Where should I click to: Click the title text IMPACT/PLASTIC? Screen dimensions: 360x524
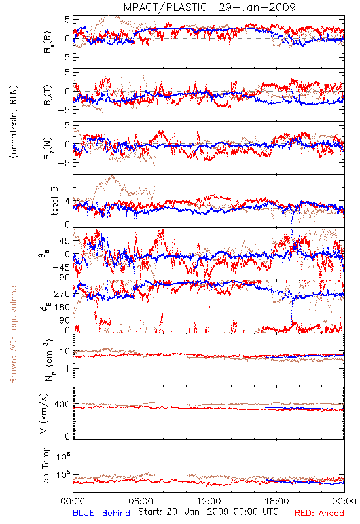(x=164, y=7)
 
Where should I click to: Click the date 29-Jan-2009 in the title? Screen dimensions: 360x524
(x=257, y=7)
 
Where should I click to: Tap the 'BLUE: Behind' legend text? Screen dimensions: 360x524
(x=101, y=514)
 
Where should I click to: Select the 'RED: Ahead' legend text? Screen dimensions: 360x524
(x=319, y=514)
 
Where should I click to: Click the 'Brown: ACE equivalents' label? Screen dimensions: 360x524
(x=13, y=333)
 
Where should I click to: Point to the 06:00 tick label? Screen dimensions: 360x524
(x=141, y=501)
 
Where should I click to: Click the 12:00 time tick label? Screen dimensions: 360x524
(x=209, y=501)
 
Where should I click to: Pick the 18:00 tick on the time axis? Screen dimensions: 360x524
(x=277, y=501)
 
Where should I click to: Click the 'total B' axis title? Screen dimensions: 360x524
(x=54, y=201)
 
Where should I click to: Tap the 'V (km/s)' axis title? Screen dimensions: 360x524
(x=45, y=414)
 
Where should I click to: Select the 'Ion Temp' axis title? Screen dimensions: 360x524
(x=45, y=466)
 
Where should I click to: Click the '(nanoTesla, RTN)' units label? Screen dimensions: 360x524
(x=14, y=122)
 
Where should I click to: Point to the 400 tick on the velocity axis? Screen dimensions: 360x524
(x=62, y=405)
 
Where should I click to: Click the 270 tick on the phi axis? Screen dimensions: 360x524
(x=62, y=294)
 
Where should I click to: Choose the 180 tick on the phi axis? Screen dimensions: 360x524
(x=62, y=307)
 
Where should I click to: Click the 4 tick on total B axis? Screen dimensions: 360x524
(x=68, y=202)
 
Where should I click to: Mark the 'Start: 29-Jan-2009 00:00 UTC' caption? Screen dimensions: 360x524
(x=208, y=512)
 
